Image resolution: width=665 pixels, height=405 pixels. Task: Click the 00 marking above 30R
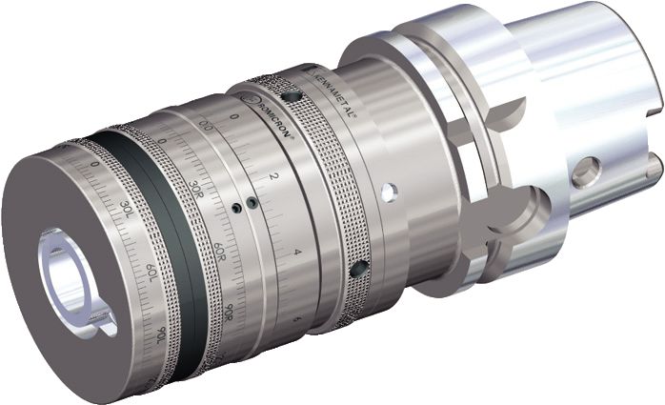(205, 126)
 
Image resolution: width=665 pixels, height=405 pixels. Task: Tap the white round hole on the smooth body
(387, 193)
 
